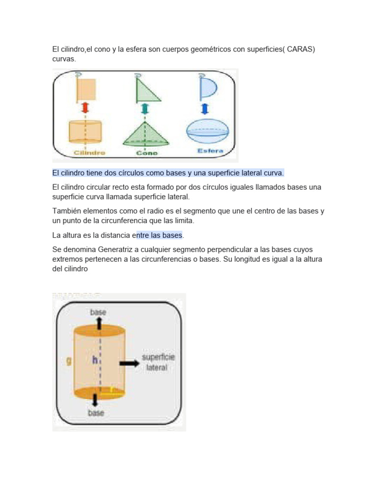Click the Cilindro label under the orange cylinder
(x=89, y=153)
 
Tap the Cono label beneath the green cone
(x=147, y=153)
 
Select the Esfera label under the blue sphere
(x=210, y=151)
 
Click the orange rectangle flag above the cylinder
(x=87, y=89)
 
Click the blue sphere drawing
(x=207, y=131)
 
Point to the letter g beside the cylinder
(x=69, y=361)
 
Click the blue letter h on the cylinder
(x=95, y=360)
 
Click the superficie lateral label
(x=158, y=362)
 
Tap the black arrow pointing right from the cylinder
(x=128, y=363)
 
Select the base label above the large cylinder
(x=98, y=312)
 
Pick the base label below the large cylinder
(x=96, y=413)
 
